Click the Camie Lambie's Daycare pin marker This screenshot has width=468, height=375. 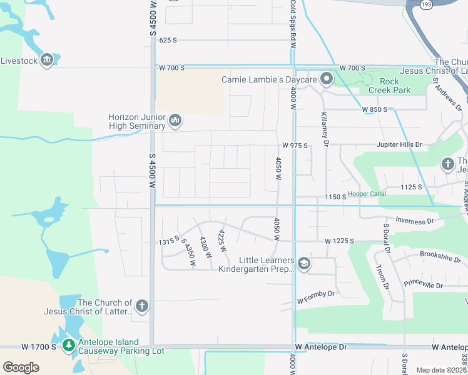click(x=326, y=79)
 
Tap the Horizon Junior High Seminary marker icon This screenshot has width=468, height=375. click(x=175, y=119)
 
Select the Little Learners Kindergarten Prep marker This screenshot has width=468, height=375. click(x=304, y=264)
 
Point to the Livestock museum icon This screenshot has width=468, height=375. click(x=47, y=61)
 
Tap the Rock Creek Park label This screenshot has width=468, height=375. click(x=395, y=86)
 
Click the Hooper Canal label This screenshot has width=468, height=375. click(x=367, y=194)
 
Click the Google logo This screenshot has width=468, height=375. click(x=21, y=367)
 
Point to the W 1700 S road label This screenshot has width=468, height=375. click(x=39, y=346)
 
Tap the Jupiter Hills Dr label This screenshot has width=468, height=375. click(x=400, y=145)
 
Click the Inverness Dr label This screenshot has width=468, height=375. click(x=414, y=221)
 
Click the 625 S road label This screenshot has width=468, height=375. click(x=168, y=40)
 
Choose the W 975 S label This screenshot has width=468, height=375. click(x=295, y=146)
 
